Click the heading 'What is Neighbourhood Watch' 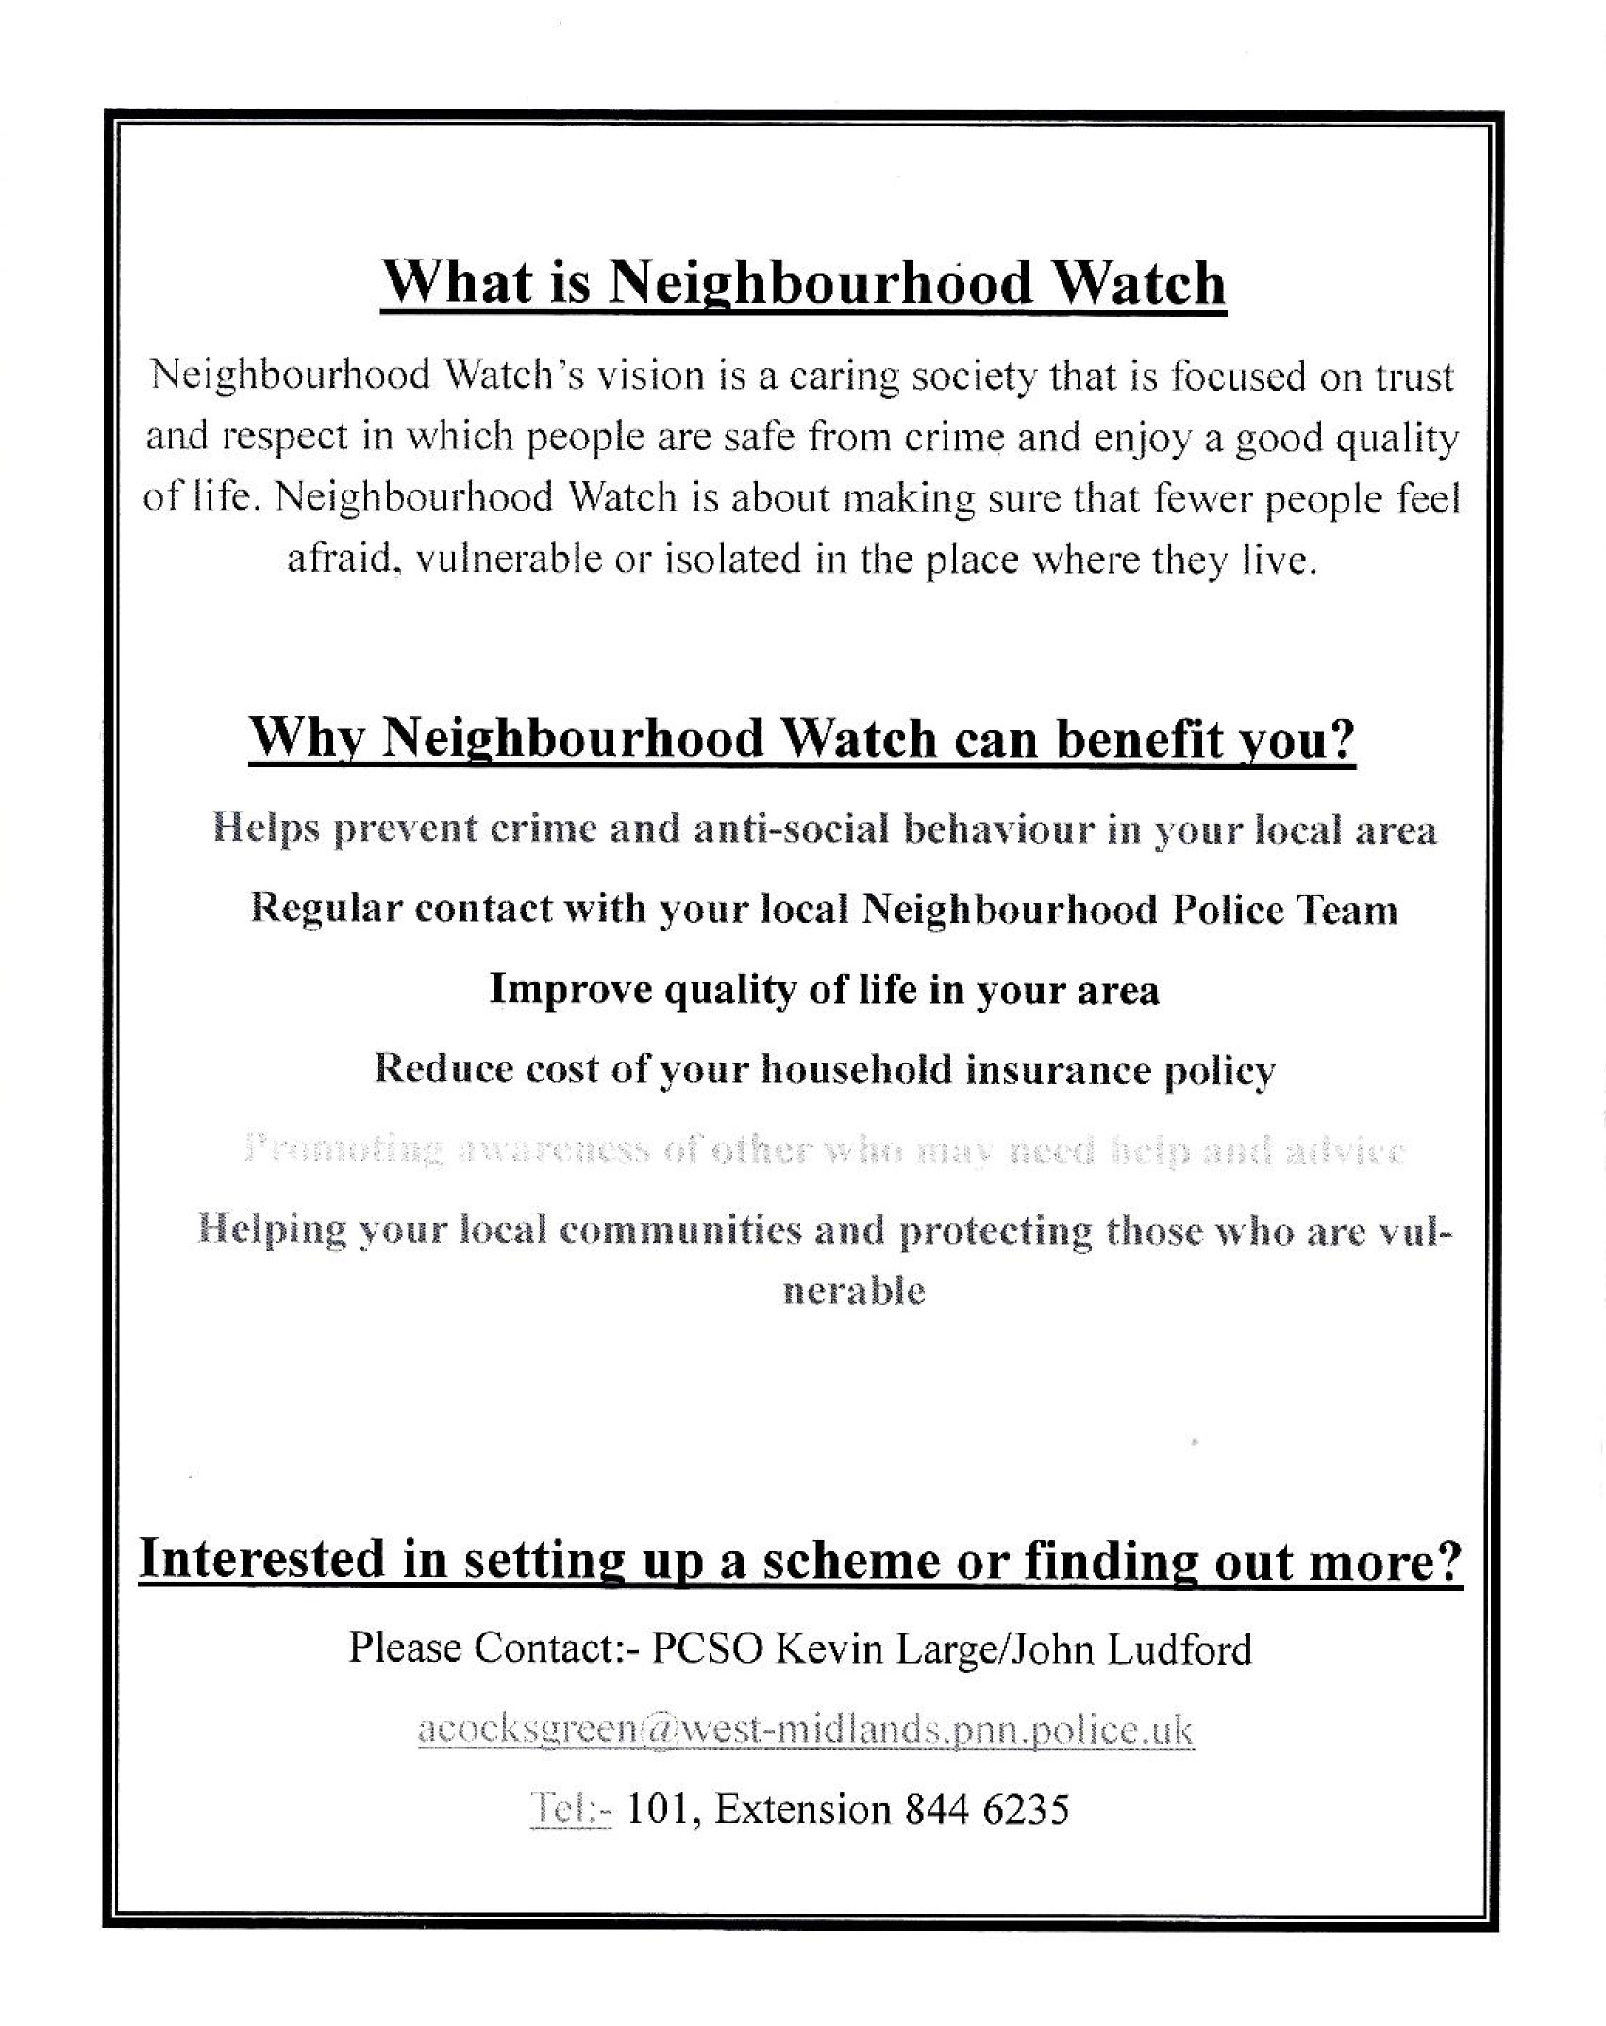(803, 282)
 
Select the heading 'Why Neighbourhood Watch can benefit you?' (801, 739)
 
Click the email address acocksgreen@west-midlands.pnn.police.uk (805, 1730)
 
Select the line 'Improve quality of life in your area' (824, 990)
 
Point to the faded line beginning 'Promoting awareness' (824, 1150)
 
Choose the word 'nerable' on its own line (854, 1290)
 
